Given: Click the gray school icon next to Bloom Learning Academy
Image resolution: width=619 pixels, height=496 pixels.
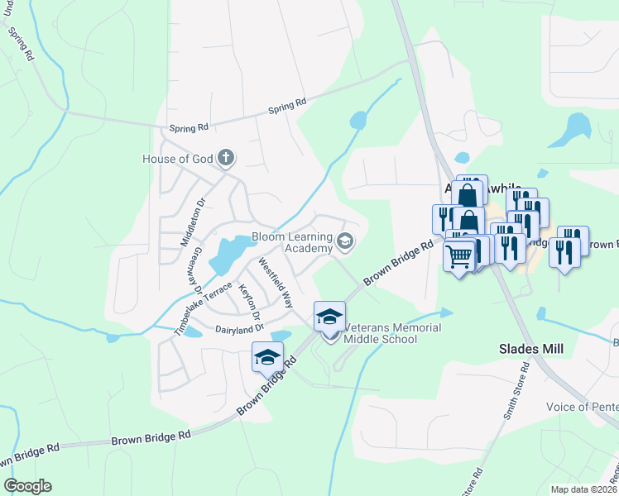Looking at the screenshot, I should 345,242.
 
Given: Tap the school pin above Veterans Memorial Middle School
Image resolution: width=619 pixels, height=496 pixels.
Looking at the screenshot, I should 329,317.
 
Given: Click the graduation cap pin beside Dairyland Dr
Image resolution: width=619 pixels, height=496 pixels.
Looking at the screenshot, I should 267,357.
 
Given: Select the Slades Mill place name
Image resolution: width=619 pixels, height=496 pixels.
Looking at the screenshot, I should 531,350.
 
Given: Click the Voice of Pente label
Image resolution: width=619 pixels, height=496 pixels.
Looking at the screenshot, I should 582,407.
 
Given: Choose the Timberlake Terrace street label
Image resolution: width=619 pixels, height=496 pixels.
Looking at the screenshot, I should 203,308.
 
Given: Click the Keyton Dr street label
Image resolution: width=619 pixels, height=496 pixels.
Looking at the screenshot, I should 249,303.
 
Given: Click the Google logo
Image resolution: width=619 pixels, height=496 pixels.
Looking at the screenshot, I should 27,486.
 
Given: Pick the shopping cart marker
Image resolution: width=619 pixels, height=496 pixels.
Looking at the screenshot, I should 459,255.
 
